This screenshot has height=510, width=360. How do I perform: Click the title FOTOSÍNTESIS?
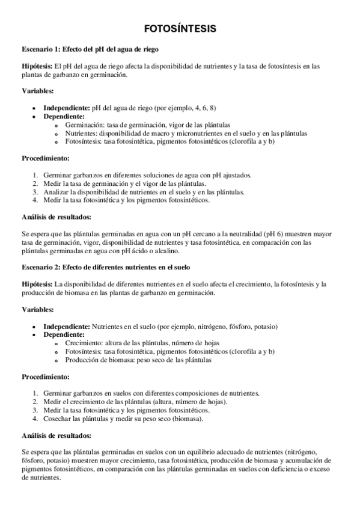point(180,28)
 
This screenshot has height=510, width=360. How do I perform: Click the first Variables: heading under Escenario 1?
point(38,91)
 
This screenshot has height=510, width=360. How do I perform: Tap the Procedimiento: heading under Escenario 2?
point(46,377)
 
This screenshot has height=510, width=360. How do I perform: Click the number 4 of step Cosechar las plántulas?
point(35,418)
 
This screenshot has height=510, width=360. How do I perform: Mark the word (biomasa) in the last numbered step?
point(188,418)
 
